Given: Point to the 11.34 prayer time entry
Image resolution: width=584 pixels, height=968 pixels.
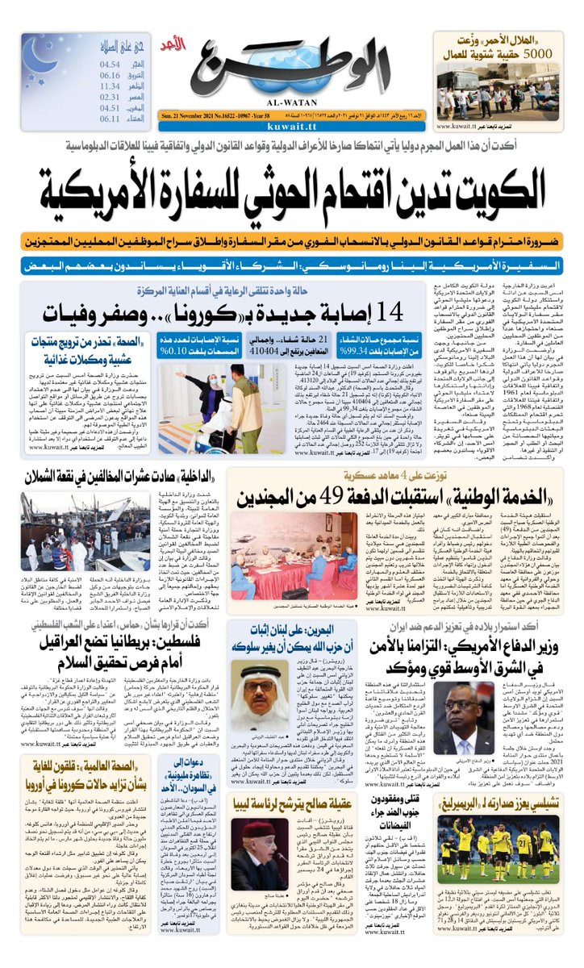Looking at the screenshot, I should pos(111,86).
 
